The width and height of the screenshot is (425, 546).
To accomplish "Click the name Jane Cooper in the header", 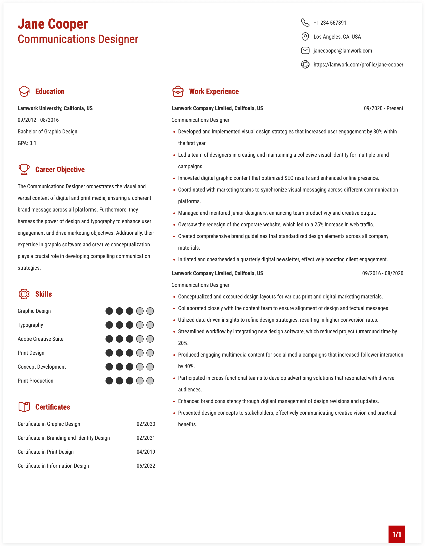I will [53, 24].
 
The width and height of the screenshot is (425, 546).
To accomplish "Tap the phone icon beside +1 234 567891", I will [305, 23].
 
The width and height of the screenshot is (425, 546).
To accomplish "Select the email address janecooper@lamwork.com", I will [343, 51].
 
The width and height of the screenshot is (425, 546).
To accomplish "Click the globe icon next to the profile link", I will [305, 64].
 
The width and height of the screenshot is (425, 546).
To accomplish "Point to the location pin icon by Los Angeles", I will [305, 36].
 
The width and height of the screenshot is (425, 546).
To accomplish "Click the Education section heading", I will [50, 92].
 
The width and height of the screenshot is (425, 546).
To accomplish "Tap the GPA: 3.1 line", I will [27, 143].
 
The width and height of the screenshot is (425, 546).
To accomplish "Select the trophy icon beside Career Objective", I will [24, 169].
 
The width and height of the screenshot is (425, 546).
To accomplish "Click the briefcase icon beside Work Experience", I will [178, 92].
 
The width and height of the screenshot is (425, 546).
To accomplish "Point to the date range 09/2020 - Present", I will [383, 108].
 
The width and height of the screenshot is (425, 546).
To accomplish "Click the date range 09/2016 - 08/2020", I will [382, 273].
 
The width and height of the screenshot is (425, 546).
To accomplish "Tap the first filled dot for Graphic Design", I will [109, 311].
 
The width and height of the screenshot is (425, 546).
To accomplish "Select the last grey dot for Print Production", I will [150, 381].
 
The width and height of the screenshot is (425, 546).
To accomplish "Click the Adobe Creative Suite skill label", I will [40, 339].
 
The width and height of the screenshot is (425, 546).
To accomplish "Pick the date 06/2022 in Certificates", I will [146, 466].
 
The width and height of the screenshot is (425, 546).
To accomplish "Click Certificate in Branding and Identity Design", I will [64, 438].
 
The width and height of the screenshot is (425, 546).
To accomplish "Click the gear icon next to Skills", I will [24, 294].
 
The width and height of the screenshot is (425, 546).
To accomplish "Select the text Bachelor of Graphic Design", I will [47, 132].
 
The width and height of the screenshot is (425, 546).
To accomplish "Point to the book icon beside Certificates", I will [24, 407].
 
